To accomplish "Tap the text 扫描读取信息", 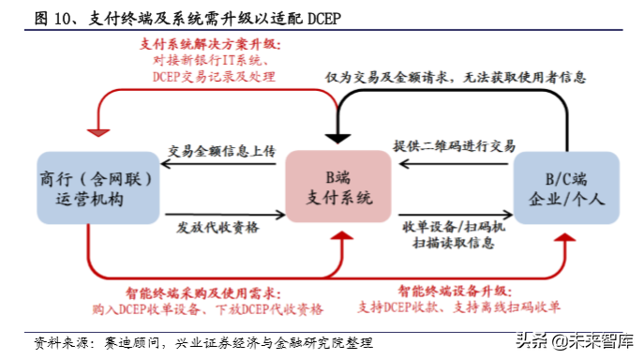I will tap(455, 243).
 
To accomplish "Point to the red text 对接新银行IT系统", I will tap(208, 62).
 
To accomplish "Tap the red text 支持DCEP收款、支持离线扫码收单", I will tap(459, 307).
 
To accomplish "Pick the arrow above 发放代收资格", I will tap(220, 210).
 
